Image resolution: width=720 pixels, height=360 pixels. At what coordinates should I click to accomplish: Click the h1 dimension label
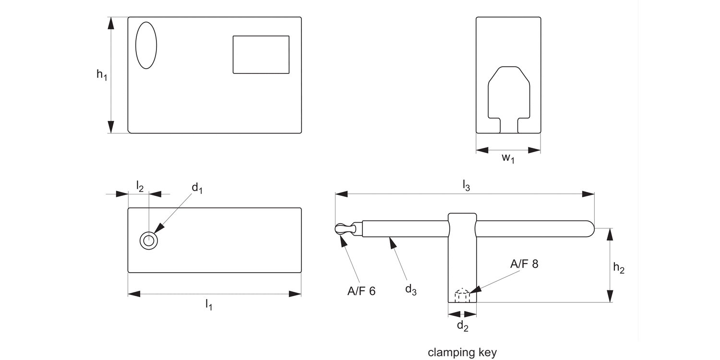[x=101, y=75]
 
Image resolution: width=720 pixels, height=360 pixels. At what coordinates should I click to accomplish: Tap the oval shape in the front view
[x=146, y=45]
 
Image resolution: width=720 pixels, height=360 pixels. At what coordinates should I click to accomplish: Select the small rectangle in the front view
[x=261, y=55]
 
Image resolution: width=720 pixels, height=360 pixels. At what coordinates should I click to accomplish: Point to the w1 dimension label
[x=508, y=159]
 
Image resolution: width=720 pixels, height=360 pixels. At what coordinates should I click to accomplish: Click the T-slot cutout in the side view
[x=509, y=96]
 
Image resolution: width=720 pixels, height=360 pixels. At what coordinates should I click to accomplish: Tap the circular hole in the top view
[x=149, y=240]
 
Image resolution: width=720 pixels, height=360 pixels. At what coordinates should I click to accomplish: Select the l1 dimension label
[x=209, y=304]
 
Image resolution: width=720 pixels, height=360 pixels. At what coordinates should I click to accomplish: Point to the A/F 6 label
[x=361, y=291]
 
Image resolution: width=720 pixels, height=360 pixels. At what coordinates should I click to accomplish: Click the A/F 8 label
[x=524, y=264]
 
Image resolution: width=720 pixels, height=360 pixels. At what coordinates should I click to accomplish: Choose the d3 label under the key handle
[x=411, y=289]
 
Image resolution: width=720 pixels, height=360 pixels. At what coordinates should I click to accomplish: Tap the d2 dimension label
[x=462, y=326]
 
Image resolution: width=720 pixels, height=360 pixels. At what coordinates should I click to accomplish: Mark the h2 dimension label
[x=619, y=269]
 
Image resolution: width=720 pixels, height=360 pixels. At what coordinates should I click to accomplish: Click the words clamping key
[x=462, y=352]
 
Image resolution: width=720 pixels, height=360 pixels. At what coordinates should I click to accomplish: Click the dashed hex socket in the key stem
[x=462, y=295]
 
